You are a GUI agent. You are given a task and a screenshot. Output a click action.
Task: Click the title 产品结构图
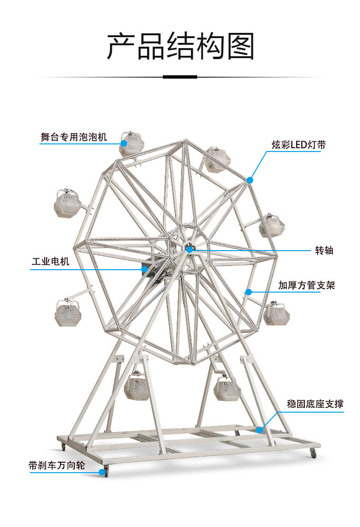tap(180, 47)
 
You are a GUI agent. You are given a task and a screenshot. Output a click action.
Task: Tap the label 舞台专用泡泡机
tap(74, 138)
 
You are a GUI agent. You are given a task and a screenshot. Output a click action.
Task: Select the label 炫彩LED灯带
tap(299, 145)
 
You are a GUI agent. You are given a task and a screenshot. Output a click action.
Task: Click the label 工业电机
tap(50, 262)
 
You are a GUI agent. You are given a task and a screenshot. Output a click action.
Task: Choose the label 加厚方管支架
tap(307, 285)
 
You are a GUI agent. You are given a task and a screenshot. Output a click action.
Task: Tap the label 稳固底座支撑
tap(315, 404)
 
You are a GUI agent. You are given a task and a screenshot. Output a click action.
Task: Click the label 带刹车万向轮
tap(57, 466)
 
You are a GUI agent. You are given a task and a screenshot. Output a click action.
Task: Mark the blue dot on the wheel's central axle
tap(189, 249)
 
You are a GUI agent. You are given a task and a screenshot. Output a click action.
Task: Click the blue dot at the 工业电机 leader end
tap(144, 269)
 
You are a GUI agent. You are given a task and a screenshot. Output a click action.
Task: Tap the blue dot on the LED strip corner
tap(250, 180)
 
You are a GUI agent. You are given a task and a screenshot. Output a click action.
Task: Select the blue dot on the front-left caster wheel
tap(101, 472)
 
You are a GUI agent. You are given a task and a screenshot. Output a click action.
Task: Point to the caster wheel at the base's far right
tap(313, 453)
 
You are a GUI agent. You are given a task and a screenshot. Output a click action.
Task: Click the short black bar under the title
tap(180, 77)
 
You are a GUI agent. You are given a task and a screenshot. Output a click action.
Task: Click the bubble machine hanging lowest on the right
tap(227, 388)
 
